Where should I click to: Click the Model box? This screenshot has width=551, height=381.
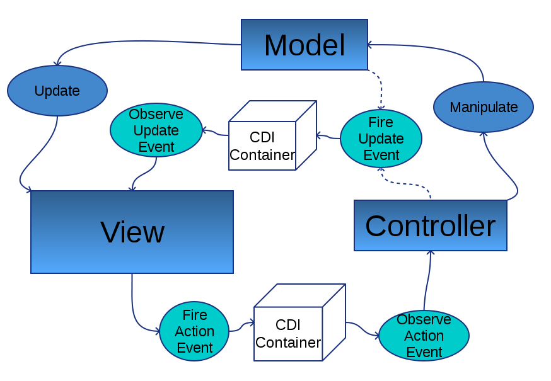click(304, 45)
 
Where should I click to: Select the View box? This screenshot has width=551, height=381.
click(132, 232)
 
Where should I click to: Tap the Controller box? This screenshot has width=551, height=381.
click(430, 225)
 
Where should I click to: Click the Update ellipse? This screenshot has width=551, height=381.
click(57, 91)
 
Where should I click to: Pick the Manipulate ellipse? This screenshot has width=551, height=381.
click(484, 107)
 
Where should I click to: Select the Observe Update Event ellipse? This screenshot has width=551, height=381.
click(156, 130)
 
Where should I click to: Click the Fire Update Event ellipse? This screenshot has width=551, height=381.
click(381, 139)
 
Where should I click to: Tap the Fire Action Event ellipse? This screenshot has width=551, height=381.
click(194, 331)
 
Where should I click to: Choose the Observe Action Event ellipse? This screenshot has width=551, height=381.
click(424, 336)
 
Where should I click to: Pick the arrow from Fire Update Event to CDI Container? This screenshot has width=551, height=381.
click(328, 136)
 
